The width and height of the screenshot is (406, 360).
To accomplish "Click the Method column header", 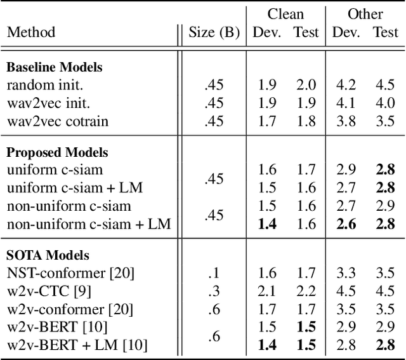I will click(x=30, y=32).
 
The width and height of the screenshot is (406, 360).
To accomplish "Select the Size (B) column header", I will click(x=214, y=32).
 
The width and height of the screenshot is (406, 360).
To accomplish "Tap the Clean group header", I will click(x=285, y=14).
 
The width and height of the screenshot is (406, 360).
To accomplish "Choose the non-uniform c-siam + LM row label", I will click(x=89, y=223).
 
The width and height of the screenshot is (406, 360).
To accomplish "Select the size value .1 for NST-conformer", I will click(x=214, y=274).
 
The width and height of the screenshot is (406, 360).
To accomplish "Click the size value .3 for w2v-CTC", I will click(x=214, y=291).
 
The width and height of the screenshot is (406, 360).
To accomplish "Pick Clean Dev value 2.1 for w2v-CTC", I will click(x=267, y=291).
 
